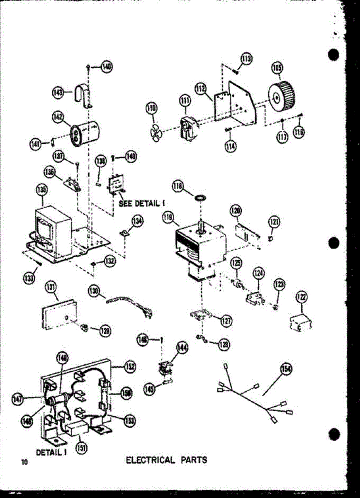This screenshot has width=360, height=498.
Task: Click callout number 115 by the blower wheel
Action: click(277, 67)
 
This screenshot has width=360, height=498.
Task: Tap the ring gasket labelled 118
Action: click(201, 196)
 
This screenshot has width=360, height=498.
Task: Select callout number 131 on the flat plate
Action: click(52, 286)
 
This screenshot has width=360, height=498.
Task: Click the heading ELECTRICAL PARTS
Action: click(166, 460)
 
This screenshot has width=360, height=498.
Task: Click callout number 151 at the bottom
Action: click(82, 448)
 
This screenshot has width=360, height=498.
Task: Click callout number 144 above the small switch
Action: click(182, 349)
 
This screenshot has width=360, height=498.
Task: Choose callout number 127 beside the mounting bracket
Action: click(226, 320)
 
